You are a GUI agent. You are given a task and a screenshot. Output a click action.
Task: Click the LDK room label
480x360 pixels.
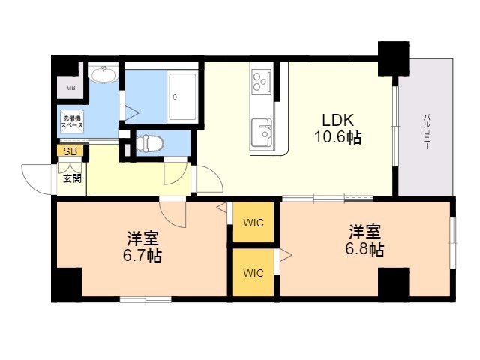coord(337,120)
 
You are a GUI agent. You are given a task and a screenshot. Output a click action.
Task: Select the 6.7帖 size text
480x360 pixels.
coord(143,256)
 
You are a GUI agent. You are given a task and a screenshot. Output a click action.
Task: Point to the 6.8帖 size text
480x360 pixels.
coord(365,250)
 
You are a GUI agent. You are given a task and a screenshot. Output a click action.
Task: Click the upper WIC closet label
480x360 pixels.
coord(253,223)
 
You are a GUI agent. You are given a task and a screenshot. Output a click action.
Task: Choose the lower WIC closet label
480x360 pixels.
coord(253,272)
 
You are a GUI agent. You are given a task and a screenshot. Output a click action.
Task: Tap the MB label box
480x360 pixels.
coord(70,88)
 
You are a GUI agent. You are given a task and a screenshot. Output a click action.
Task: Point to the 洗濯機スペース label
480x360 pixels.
coord(73,122)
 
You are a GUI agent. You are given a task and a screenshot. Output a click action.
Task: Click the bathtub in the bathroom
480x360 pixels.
coord(182,96)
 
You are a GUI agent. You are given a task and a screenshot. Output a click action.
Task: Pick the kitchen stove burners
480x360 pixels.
coord(262,79)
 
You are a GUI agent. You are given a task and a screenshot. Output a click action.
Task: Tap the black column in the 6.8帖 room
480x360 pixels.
coord(393,283)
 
